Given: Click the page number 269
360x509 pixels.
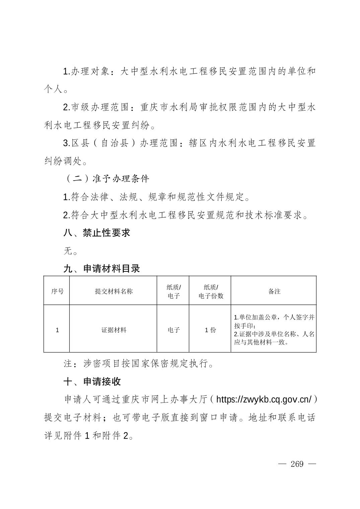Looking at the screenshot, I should [x=297, y=464].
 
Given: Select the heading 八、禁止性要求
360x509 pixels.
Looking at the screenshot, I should [x=96, y=233].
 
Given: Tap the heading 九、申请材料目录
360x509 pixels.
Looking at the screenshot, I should [x=101, y=269].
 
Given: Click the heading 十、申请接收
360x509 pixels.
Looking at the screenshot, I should [x=92, y=382].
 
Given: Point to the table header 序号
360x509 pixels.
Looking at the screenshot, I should [x=57, y=291].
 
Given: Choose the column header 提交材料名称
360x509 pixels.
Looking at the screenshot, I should [x=114, y=291].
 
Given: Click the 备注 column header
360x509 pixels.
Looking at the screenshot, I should [x=274, y=291].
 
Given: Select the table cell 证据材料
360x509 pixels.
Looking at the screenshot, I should [x=114, y=330].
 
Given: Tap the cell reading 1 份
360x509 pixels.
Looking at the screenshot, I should [x=210, y=330].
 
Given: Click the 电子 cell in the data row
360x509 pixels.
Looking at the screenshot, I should [x=173, y=330].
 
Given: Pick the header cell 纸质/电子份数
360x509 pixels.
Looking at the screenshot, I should [x=211, y=291].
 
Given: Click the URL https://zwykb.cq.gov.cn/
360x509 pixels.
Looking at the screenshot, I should [x=264, y=399].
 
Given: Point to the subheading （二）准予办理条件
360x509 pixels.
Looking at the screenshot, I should [x=106, y=179].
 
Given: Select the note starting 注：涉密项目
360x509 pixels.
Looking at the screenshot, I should [x=139, y=364].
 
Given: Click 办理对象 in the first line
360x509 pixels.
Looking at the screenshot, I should [x=90, y=71].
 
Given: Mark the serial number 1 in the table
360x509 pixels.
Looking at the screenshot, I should [x=57, y=330].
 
